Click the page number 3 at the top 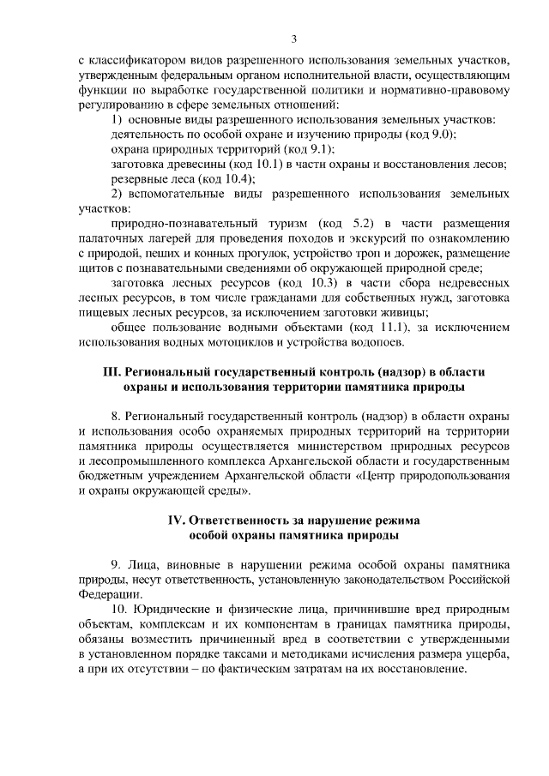point(293,38)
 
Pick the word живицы point(406,312)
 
